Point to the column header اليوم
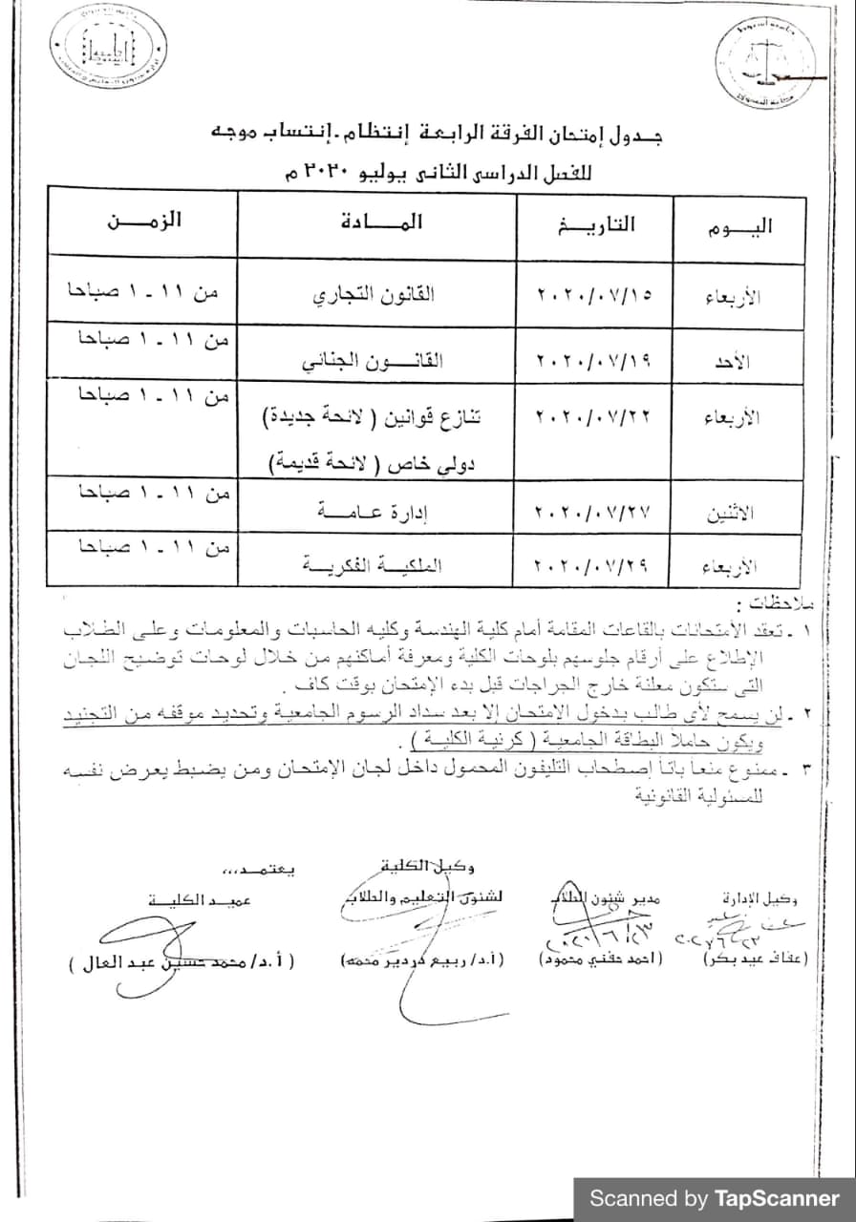coord(738,228)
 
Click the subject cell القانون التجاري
coord(374,295)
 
